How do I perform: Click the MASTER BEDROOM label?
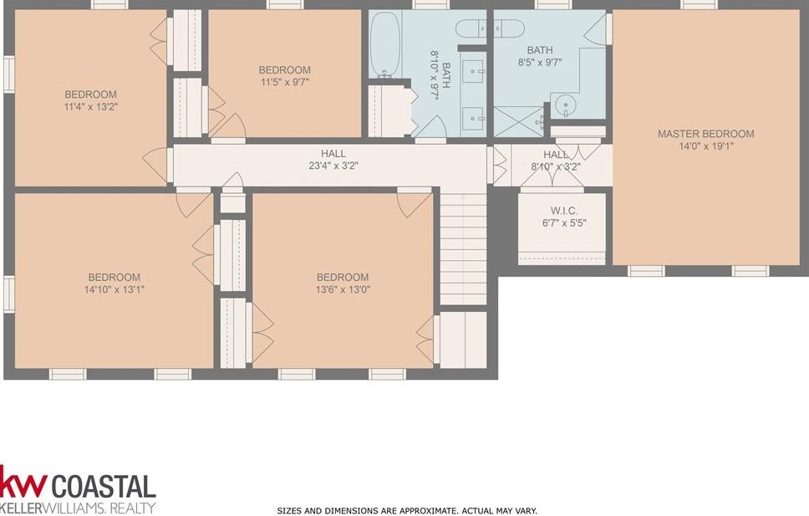706,134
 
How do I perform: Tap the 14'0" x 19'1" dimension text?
706,146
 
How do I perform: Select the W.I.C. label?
564,211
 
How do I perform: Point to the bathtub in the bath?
385,45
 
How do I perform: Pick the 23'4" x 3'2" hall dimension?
333,166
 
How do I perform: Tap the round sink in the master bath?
566,106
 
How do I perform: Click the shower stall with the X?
519,122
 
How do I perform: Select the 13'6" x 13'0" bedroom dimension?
343,289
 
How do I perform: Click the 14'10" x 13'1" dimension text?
114,289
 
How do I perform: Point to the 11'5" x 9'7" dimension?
285,82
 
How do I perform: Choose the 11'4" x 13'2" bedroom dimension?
91,107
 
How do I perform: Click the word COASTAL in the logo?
104,487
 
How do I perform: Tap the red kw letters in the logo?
23,483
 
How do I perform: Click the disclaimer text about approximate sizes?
407,511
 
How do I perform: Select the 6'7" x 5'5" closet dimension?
564,223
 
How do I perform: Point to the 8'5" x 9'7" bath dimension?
540,63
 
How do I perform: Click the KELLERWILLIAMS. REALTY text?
78,507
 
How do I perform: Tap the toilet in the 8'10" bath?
472,28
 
